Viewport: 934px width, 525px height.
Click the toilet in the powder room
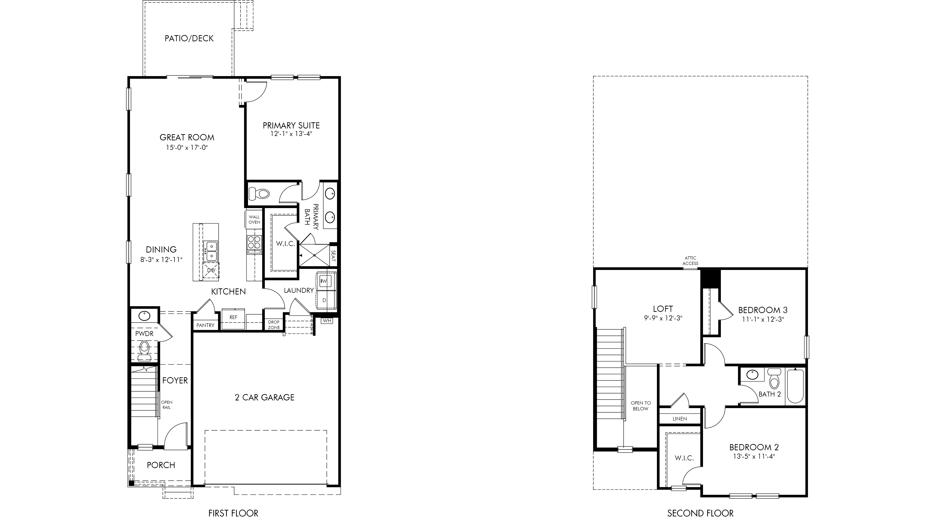click(144, 350)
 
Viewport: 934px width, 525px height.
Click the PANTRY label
click(205, 325)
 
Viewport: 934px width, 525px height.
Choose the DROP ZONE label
click(274, 325)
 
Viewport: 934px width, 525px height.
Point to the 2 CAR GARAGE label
click(265, 397)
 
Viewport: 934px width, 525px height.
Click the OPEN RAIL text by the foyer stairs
click(167, 405)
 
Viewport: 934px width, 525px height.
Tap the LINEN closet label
click(680, 419)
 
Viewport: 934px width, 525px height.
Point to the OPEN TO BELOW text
click(641, 406)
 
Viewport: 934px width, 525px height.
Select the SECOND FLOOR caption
click(701, 513)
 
